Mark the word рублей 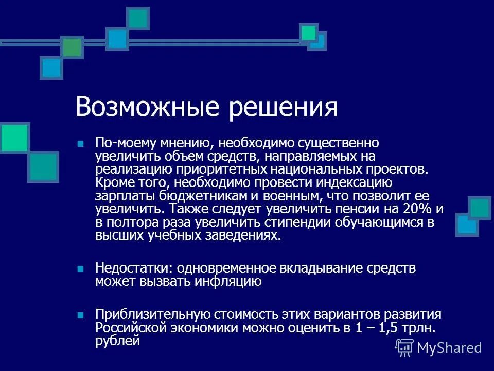(117, 341)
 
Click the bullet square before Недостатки (80, 269)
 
